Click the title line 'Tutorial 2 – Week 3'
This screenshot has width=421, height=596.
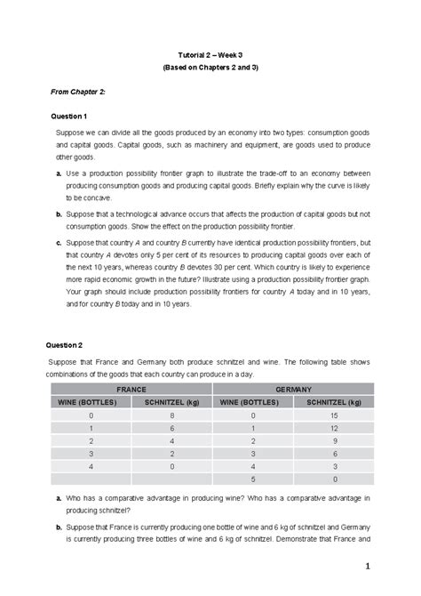click(x=210, y=53)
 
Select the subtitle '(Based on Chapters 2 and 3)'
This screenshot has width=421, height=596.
click(x=210, y=68)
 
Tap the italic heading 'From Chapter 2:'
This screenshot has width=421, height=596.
click(x=78, y=92)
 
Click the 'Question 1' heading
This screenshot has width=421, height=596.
click(x=68, y=116)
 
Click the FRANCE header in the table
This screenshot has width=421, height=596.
click(x=131, y=390)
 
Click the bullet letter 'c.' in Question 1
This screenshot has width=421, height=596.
click(x=58, y=242)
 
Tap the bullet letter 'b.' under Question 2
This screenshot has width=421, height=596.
click(x=58, y=527)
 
